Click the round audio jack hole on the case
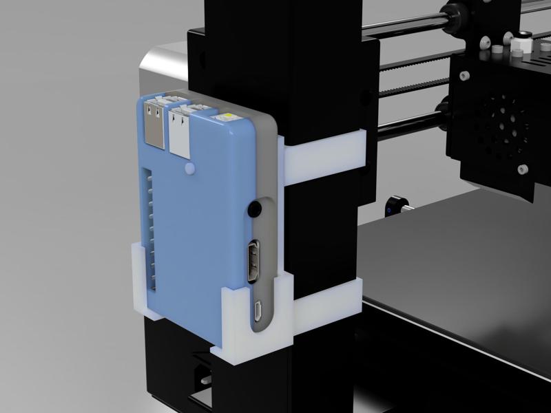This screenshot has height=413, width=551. click(256, 206)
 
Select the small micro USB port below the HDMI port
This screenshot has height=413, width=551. click(257, 311)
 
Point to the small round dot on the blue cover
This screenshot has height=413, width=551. click(189, 167)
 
